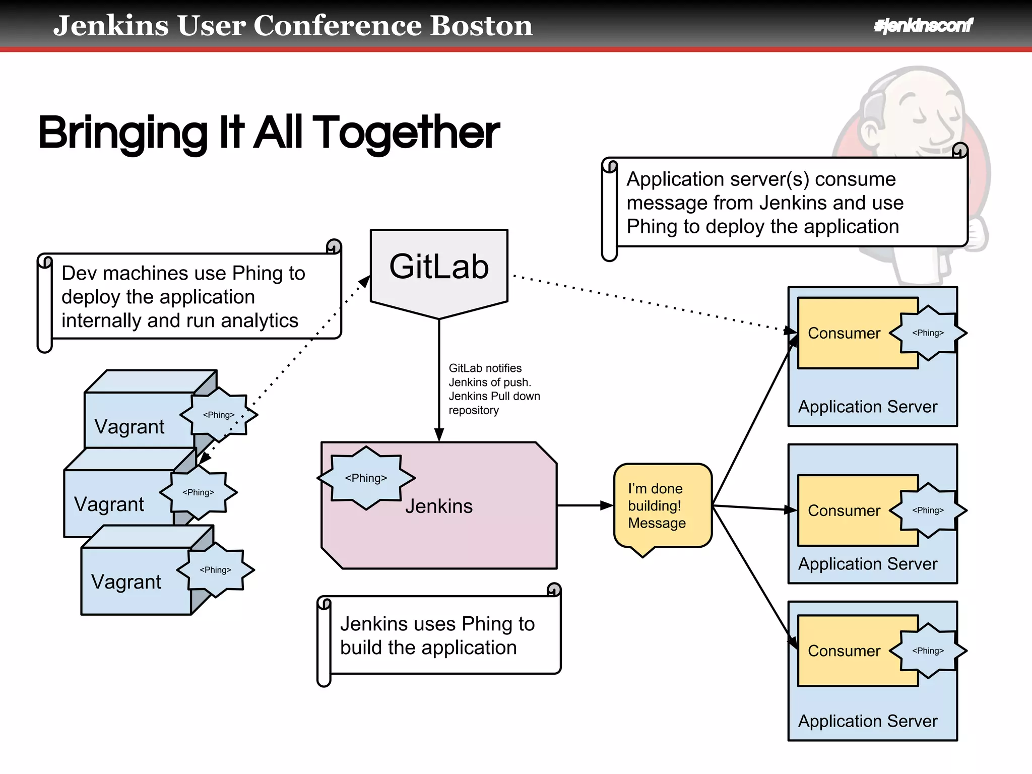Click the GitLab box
click(439, 267)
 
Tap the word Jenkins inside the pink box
click(439, 506)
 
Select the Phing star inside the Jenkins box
click(366, 478)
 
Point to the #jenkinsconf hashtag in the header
click(923, 25)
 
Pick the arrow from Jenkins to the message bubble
click(585, 505)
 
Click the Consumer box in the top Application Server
click(844, 333)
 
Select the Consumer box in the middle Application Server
click(844, 510)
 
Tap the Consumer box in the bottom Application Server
click(844, 651)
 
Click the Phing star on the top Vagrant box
click(219, 415)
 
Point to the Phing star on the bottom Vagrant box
click(216, 570)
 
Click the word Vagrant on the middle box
click(109, 504)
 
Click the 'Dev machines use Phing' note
click(189, 297)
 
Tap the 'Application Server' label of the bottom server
click(868, 721)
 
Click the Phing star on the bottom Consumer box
click(928, 651)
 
